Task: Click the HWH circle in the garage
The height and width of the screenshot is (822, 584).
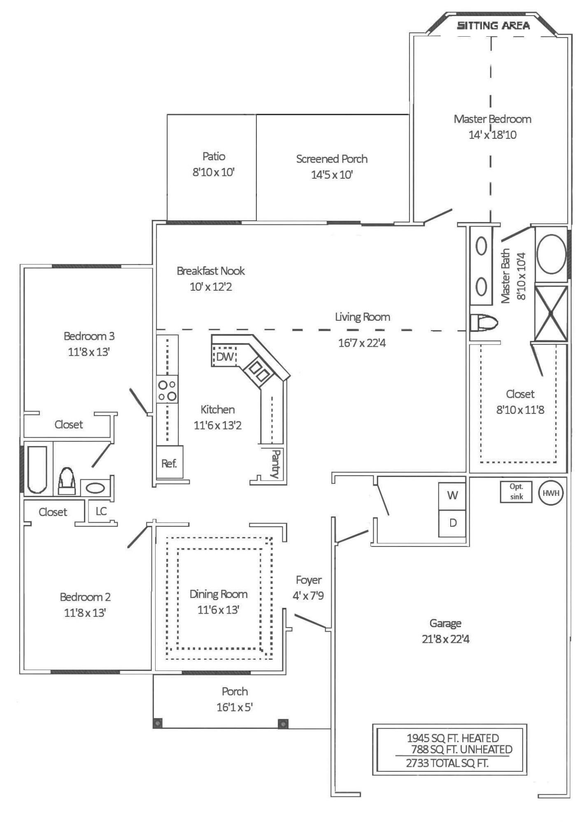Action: click(551, 493)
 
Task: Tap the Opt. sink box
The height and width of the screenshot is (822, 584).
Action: click(516, 492)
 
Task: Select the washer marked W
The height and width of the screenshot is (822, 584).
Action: click(452, 495)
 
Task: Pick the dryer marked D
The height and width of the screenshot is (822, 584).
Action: click(452, 523)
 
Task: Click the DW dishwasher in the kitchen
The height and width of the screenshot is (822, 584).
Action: click(224, 356)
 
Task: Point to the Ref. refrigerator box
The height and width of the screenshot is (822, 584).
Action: click(169, 462)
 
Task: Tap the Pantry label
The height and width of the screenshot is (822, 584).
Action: click(275, 464)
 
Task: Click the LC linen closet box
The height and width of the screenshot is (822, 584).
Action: click(100, 511)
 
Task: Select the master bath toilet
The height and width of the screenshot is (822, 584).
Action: click(484, 322)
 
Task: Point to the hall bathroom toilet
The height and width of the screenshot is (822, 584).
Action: click(67, 481)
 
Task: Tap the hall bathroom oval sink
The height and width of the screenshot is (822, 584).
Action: click(95, 488)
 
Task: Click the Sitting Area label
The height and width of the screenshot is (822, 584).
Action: click(493, 26)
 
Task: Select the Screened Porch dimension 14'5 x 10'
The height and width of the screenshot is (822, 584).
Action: click(332, 175)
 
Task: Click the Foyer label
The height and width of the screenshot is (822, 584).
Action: click(309, 580)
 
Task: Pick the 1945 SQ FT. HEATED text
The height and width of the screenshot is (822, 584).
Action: click(453, 738)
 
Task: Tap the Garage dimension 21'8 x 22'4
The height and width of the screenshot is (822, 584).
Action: click(445, 639)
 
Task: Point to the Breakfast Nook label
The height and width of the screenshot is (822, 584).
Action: click(211, 271)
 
